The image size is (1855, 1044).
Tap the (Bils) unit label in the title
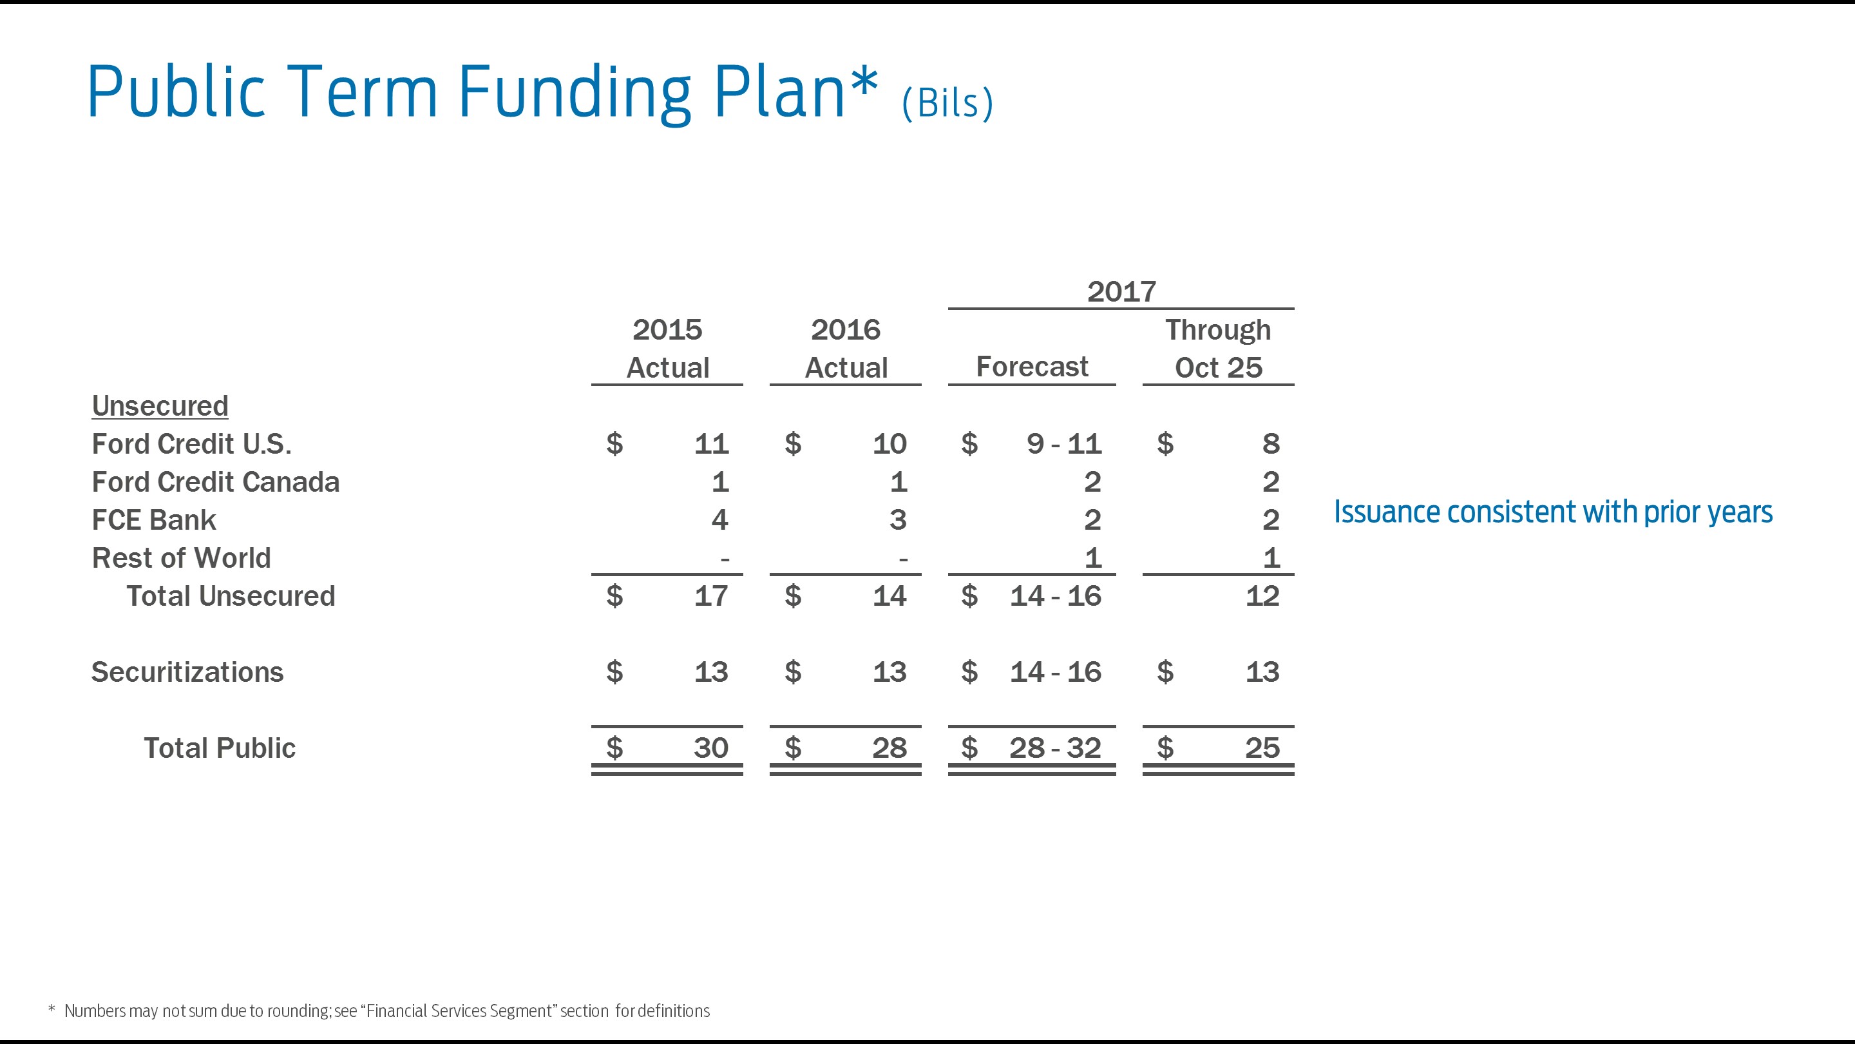tap(947, 104)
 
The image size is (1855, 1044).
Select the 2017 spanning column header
tap(1121, 292)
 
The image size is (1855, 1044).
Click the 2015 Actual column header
tap(667, 349)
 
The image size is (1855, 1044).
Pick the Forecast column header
tap(1031, 367)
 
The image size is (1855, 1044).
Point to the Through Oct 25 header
tap(1218, 349)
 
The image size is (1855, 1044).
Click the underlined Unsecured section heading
tap(160, 405)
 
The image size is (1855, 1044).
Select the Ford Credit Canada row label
tap(215, 482)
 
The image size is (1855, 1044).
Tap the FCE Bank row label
tap(153, 520)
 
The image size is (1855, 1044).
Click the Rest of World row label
tap(181, 558)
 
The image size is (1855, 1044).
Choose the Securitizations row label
tap(187, 672)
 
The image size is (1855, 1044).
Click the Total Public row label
tap(219, 748)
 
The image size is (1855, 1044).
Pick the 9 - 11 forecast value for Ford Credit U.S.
tap(1063, 444)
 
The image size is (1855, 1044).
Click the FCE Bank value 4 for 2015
tap(719, 520)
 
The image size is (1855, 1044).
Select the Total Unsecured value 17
tap(710, 596)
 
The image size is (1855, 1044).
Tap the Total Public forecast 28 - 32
tap(1054, 748)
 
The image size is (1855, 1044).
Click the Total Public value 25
tap(1262, 748)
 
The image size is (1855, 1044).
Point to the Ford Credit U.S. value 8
tap(1270, 444)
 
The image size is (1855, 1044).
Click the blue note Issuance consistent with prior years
tap(1552, 512)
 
